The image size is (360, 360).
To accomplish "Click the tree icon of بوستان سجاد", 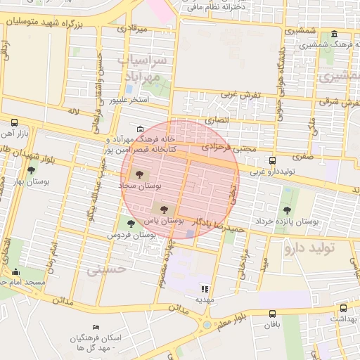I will coord(137,173).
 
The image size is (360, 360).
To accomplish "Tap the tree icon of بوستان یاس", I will coord(165,209).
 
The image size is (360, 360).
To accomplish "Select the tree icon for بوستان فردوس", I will coord(131,224).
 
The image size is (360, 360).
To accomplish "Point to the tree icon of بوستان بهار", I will coord(31,169).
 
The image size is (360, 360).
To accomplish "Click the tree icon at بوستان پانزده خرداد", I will coord(286,210).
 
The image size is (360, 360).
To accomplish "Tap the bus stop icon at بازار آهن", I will coord(15,122).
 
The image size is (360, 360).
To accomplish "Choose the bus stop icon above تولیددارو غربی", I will coord(273,160).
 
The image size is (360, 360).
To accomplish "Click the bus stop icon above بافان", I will coord(272,314).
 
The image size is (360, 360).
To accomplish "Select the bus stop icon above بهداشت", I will coord(343,308).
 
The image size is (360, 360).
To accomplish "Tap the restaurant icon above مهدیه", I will coord(205,288).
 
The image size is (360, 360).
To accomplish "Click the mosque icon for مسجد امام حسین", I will coord(16,271).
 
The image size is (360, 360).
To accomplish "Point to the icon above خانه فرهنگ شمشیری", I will coord(333,34).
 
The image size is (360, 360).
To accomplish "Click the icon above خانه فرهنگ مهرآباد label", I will coord(141,129).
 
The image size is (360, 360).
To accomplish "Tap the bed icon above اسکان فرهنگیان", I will coord(96,328).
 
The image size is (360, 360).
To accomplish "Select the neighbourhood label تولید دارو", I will coord(309,248).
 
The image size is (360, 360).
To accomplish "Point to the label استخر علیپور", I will coord(129,100).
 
